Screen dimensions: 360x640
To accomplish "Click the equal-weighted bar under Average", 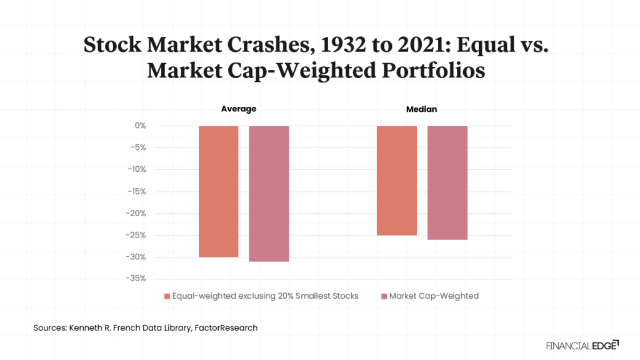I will [x=219, y=191].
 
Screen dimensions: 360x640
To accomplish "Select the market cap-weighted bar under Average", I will [x=269, y=193].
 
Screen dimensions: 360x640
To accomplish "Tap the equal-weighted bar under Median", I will [x=396, y=180].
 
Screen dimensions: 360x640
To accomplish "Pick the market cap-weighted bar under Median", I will [x=447, y=182].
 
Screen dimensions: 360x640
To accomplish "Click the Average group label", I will [x=239, y=109].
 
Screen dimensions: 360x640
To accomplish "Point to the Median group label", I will [x=422, y=109].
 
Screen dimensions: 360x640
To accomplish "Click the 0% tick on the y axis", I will [x=140, y=126].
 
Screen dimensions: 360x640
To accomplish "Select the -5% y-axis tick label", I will [x=137, y=147].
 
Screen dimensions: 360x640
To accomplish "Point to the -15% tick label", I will [x=136, y=191].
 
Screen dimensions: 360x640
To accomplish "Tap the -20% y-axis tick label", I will [x=136, y=213].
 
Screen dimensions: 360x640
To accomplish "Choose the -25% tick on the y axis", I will [x=136, y=235].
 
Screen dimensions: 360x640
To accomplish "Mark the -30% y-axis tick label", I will [x=136, y=257].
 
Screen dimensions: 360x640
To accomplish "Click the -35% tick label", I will [x=136, y=278].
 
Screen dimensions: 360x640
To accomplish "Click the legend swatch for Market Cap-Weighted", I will [x=384, y=296].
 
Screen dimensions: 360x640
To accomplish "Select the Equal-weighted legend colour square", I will [x=167, y=296].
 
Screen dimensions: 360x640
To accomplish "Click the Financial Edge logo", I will [x=582, y=344].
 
